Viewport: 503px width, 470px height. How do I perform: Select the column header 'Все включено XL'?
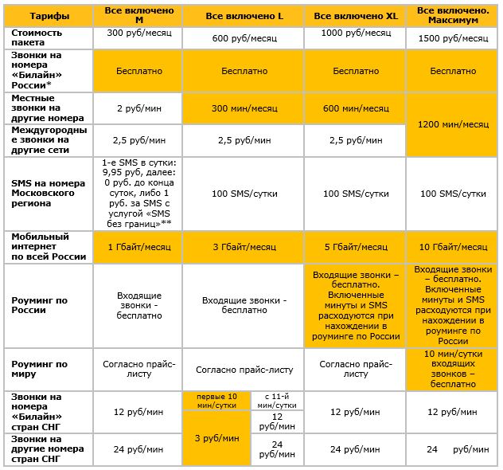[x=356, y=15]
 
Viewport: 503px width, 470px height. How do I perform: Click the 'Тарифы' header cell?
[x=49, y=15]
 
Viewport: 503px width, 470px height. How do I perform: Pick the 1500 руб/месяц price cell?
[x=452, y=38]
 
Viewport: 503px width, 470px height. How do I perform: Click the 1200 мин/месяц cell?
[x=452, y=124]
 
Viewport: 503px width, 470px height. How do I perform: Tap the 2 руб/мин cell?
[x=138, y=108]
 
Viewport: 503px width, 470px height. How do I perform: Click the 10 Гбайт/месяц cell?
[x=452, y=246]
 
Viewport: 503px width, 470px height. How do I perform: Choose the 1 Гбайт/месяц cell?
[x=138, y=246]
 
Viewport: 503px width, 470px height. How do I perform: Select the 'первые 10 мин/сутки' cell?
[x=216, y=401]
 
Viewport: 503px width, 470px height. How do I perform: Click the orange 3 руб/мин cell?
[x=216, y=437]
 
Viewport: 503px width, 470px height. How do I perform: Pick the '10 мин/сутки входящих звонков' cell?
[x=452, y=368]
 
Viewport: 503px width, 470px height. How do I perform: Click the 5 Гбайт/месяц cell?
[x=356, y=246]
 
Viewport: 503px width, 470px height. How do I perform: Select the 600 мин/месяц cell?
[x=356, y=108]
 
